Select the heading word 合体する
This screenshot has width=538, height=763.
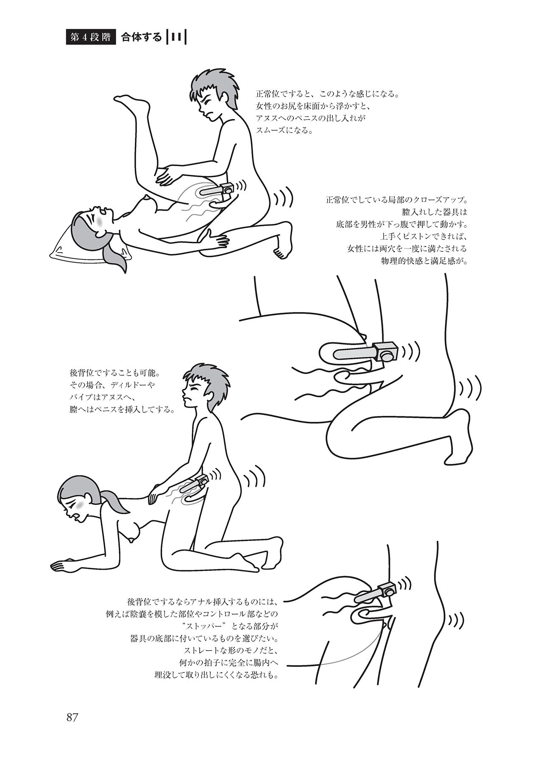pyautogui.click(x=141, y=37)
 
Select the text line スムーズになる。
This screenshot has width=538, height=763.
pyautogui.click(x=284, y=131)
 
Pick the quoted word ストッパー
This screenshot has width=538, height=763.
pyautogui.click(x=210, y=626)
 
